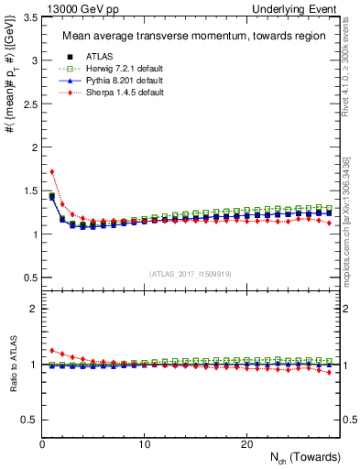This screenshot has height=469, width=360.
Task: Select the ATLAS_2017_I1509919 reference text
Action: [x=190, y=273]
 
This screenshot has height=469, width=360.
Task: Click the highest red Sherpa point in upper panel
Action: [x=52, y=171]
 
